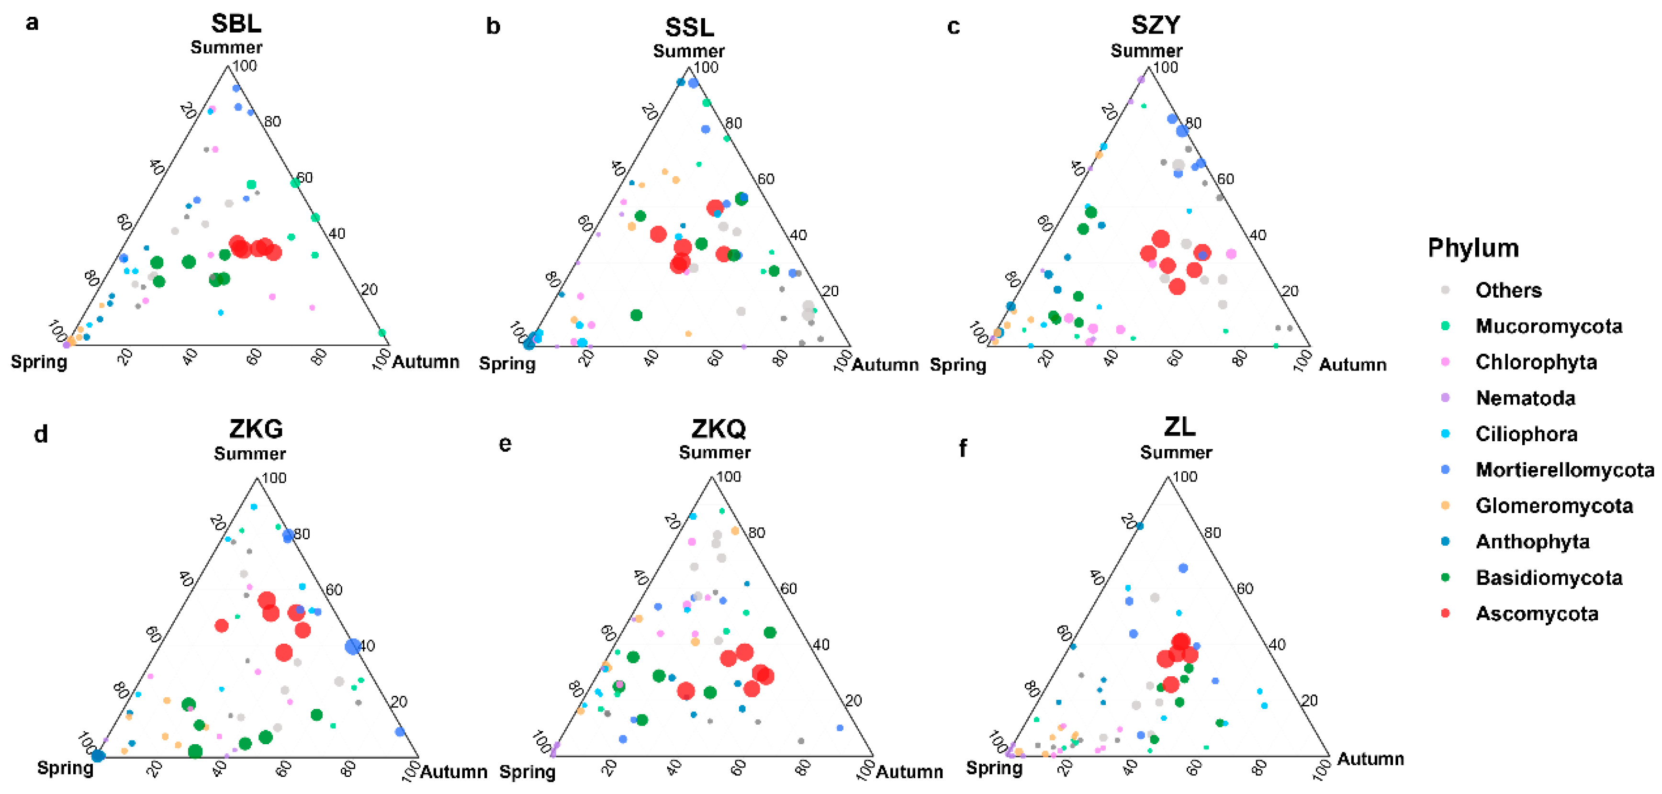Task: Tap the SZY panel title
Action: click(1155, 25)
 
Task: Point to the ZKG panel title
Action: click(256, 428)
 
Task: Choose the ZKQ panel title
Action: click(718, 428)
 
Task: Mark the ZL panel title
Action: click(1179, 426)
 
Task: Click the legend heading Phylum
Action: click(1473, 248)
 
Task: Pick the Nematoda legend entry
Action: click(1525, 398)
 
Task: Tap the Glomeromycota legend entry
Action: click(1554, 506)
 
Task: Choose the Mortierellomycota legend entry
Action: click(1564, 470)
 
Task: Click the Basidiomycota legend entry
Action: click(1549, 577)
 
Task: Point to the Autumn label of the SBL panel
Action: click(426, 362)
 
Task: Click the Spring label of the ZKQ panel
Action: click(527, 772)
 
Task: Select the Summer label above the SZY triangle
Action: click(1146, 51)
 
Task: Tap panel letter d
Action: click(41, 435)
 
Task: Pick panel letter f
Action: click(963, 447)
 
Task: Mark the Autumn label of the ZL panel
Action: click(1370, 759)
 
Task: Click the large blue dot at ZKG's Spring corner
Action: click(98, 756)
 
